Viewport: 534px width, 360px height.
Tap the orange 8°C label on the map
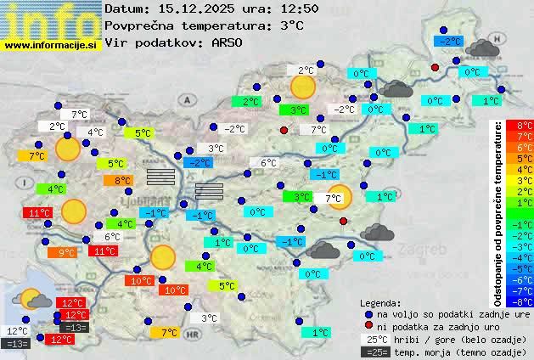click(118, 180)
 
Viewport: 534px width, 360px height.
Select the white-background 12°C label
click(16, 331)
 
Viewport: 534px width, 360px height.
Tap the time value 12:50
click(300, 8)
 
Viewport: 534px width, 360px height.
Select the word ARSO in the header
click(230, 42)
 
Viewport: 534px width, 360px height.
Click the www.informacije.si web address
click(51, 45)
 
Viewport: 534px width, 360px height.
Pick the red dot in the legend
click(368, 326)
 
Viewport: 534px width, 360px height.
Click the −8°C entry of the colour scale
click(519, 301)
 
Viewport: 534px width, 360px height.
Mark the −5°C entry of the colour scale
click(519, 268)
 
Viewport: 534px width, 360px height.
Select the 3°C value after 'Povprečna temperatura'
click(291, 25)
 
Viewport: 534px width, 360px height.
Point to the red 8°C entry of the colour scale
click(519, 126)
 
